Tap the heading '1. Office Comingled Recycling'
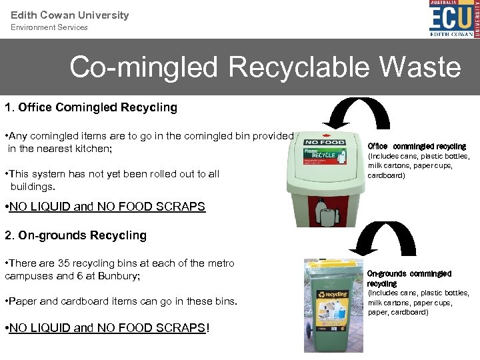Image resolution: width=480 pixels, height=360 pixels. point(91,107)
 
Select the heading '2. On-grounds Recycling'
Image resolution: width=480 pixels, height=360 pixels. point(75,235)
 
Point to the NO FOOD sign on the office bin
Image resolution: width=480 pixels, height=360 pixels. point(324,142)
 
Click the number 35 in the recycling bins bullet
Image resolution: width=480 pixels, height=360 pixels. point(71,263)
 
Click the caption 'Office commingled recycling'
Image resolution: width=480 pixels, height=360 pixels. point(417,146)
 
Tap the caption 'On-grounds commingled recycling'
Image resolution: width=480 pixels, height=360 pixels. point(409,279)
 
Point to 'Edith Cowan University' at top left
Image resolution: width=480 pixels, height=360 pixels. point(69,15)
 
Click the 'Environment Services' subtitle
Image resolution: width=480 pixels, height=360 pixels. point(49,27)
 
